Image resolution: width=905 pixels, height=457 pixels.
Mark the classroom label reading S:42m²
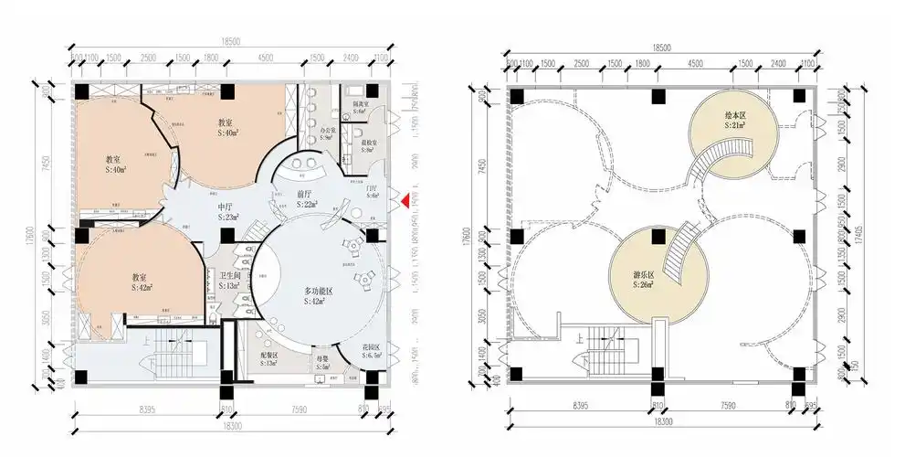click(141, 282)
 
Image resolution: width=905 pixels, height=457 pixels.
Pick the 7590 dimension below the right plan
click(727, 403)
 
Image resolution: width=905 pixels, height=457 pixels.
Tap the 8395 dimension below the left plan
click(146, 403)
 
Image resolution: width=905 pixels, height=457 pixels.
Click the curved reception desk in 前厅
click(305, 168)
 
